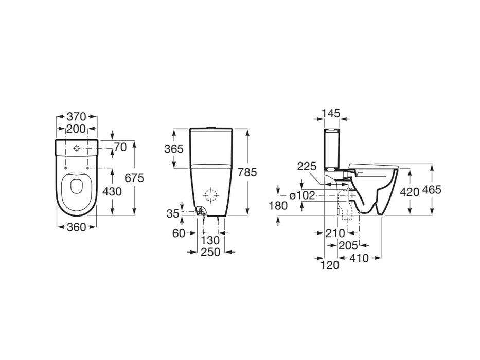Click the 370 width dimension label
click(76, 117)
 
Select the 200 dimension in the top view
click(76, 129)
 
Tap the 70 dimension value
click(120, 148)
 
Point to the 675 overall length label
click(135, 178)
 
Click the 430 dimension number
click(112, 191)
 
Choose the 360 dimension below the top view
click(76, 227)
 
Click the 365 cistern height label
click(174, 149)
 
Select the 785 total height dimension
click(247, 173)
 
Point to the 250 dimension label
click(210, 252)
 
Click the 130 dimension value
click(210, 240)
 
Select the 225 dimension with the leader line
click(306, 166)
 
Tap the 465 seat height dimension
click(432, 190)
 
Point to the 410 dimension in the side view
click(359, 258)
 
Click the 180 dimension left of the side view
click(277, 206)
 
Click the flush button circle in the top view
click(76, 148)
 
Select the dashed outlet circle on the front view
click(210, 195)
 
